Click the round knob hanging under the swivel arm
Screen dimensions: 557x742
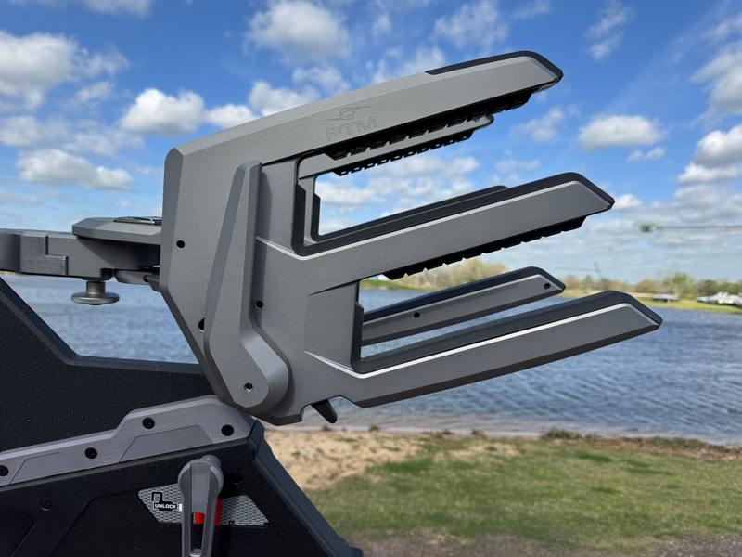pos(95,296)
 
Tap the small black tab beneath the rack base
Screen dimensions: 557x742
pos(326,410)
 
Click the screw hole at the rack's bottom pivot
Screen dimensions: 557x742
pos(248,386)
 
